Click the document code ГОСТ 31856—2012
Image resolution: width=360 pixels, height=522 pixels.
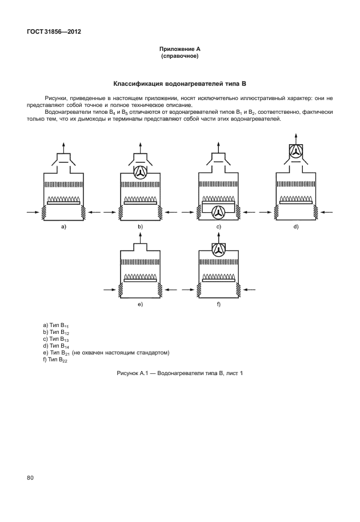(x=54, y=31)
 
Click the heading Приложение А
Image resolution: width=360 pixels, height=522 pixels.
(x=179, y=49)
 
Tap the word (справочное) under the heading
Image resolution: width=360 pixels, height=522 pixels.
(x=179, y=56)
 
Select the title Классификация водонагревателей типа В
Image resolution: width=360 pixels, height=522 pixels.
(x=179, y=83)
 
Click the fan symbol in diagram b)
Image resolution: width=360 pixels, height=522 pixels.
(x=140, y=172)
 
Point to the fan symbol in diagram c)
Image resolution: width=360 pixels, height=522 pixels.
(x=218, y=212)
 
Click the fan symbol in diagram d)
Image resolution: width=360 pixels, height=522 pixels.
(x=296, y=152)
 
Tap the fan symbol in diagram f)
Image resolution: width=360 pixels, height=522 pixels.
(x=218, y=250)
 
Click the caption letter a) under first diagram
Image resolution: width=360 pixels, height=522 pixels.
(x=63, y=227)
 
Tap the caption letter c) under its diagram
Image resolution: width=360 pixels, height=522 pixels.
(x=218, y=227)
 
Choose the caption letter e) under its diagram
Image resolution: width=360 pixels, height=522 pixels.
(x=140, y=305)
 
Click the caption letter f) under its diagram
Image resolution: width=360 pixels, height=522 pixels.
(x=218, y=305)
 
